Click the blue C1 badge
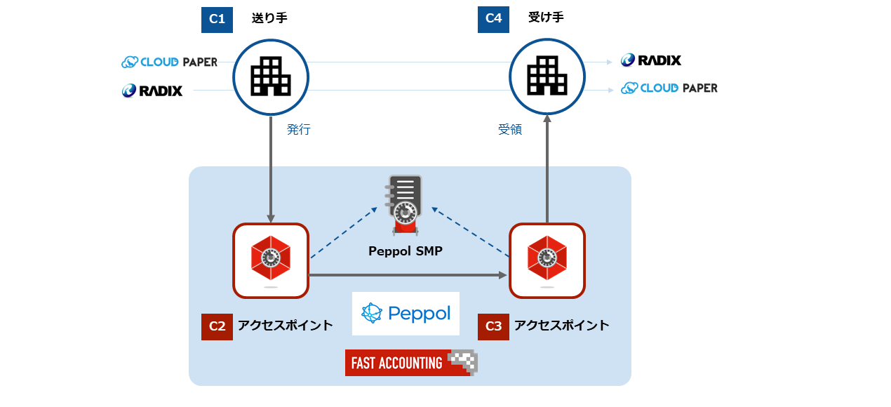tap(217, 19)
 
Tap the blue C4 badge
tap(493, 19)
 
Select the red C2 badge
tap(217, 326)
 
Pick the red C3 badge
tap(493, 326)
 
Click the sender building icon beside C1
tap(271, 76)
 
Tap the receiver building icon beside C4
tap(547, 76)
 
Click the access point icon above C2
tap(271, 260)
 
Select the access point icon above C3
tap(547, 260)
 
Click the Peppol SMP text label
tap(406, 251)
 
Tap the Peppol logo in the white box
tap(406, 313)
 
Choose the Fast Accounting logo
tap(411, 363)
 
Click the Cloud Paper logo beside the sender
tap(169, 62)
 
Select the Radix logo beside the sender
tap(152, 91)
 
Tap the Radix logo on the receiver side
tap(650, 60)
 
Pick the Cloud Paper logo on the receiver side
tap(669, 88)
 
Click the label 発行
tap(298, 130)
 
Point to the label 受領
tap(510, 130)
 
